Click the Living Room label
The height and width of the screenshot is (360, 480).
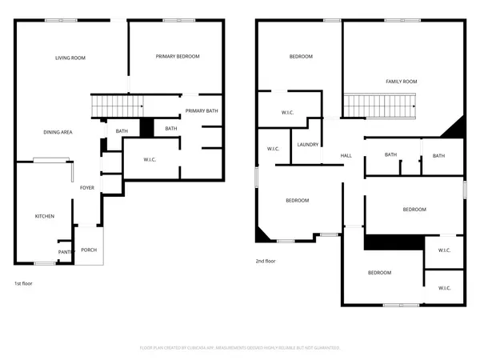point(70,58)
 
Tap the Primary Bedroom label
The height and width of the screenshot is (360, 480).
point(178,56)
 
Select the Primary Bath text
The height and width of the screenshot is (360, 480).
point(202,110)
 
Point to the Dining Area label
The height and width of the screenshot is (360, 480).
point(58,132)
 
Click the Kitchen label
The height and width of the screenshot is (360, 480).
point(43,217)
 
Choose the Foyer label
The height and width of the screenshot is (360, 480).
point(87,189)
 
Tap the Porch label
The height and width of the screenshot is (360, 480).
point(89,250)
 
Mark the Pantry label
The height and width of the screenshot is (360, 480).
point(66,253)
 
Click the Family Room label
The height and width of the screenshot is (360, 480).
point(401,81)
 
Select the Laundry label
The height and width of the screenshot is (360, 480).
point(308,145)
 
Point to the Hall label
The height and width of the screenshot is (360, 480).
point(346,155)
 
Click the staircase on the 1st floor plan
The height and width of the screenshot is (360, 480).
point(116,105)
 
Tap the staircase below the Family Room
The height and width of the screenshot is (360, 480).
point(381,105)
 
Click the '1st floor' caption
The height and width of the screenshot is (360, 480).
point(23,283)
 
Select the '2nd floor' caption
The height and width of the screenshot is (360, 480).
point(266,262)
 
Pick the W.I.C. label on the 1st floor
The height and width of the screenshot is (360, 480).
point(150,160)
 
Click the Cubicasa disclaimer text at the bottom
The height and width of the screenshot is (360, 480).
point(240,348)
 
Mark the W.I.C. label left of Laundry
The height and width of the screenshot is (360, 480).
point(273,149)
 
